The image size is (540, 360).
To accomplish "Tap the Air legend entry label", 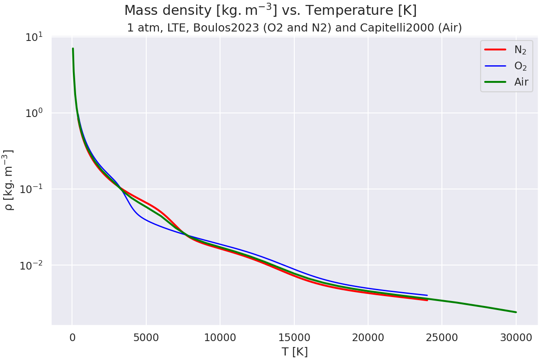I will point(521,82).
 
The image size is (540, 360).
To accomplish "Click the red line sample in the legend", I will point(495,49).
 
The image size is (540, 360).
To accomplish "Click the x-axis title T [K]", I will point(294,351).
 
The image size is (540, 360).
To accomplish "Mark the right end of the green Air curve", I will point(516,312).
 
